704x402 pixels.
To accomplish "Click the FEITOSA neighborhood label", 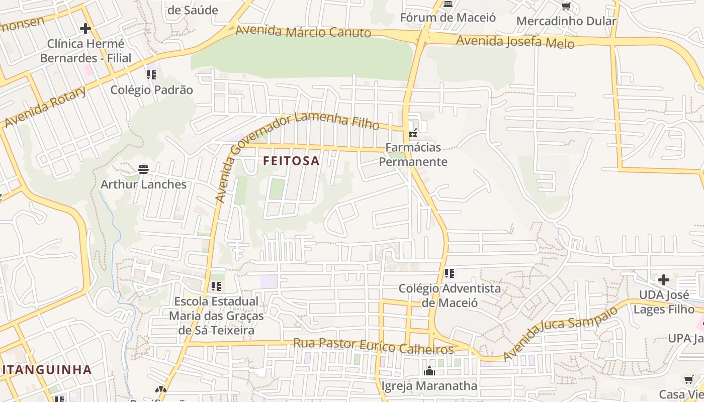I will coord(291,161).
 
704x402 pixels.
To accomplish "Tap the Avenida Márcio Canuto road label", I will coord(303,31).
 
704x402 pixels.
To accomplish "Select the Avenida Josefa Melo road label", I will coord(515,41).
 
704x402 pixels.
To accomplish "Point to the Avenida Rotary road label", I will coord(46,107).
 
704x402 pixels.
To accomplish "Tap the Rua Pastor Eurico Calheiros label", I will coord(373,346).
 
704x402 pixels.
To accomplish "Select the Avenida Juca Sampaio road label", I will coord(560,334).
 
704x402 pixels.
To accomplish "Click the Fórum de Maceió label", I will coord(448,18).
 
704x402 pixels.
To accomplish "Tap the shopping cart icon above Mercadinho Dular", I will coord(566,7).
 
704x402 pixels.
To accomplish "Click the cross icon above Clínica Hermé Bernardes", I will coord(85,28).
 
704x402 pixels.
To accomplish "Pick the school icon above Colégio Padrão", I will coord(151,75).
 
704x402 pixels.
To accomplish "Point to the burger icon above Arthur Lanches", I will coord(143,169).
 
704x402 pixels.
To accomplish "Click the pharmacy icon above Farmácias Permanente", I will coord(413,134).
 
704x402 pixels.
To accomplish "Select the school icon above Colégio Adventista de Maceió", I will coord(449,273).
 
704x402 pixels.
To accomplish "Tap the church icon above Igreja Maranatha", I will coord(429,371).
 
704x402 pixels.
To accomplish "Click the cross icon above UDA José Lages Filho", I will coord(664,279).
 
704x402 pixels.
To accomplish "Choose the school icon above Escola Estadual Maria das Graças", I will coord(216,286).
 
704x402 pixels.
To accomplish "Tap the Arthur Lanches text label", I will coord(143,184).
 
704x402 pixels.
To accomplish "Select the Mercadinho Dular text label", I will coord(566,21).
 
